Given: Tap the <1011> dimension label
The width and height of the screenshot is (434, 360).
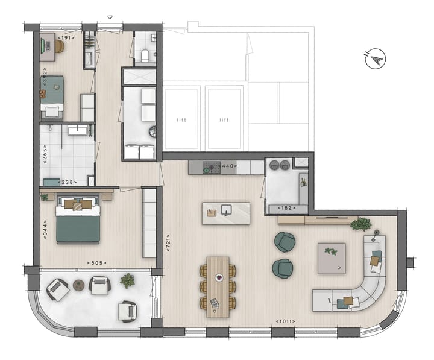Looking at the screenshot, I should click(286, 321).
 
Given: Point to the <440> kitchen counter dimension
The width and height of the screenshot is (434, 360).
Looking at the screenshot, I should click(227, 166).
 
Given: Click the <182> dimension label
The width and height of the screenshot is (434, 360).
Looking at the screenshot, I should click(286, 209).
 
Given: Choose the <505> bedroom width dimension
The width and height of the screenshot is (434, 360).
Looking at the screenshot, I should click(97, 263).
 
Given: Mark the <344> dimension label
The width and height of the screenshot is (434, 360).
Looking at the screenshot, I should click(45, 230).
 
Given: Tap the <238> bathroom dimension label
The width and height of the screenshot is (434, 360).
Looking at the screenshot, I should click(68, 182).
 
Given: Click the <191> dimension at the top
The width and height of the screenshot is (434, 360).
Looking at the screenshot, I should click(65, 38).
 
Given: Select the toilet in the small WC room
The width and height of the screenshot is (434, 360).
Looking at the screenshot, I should click(145, 57).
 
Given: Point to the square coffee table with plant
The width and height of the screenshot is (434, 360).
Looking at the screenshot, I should click(332, 257).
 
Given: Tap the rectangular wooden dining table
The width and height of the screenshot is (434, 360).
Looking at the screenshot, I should click(218, 286).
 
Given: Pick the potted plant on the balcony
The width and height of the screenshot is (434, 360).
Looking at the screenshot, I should click(127, 280).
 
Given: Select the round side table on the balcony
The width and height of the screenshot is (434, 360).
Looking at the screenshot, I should click(78, 285).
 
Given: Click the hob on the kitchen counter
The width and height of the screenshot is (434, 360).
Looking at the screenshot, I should click(211, 168).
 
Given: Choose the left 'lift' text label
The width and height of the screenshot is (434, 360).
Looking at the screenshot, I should click(181, 120).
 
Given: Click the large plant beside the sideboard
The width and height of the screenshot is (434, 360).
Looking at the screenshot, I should click(360, 224).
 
